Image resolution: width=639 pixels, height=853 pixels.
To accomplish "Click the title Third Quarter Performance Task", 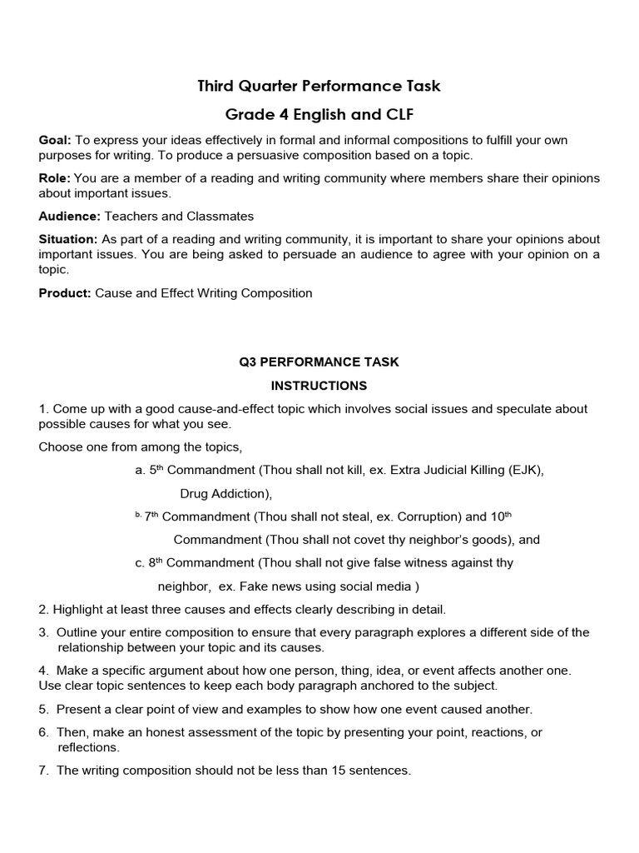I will [x=319, y=86].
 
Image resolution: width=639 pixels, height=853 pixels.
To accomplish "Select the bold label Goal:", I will [x=55, y=141].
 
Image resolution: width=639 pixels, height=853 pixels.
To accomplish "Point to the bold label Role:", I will [x=55, y=178].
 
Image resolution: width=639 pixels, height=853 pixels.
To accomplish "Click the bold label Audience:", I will [x=69, y=216].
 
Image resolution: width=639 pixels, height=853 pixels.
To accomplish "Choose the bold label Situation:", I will [x=68, y=239].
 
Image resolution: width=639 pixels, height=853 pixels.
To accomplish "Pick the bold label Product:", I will [x=65, y=292].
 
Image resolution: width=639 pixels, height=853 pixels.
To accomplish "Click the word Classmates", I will [x=222, y=216].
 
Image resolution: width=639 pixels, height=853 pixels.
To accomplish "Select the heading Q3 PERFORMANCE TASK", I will [x=319, y=362].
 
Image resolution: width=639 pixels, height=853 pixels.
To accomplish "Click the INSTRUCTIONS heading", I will [x=319, y=386].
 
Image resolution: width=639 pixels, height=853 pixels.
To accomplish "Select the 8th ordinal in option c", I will [x=156, y=562].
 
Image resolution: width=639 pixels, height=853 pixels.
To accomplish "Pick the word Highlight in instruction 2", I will [x=79, y=609].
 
